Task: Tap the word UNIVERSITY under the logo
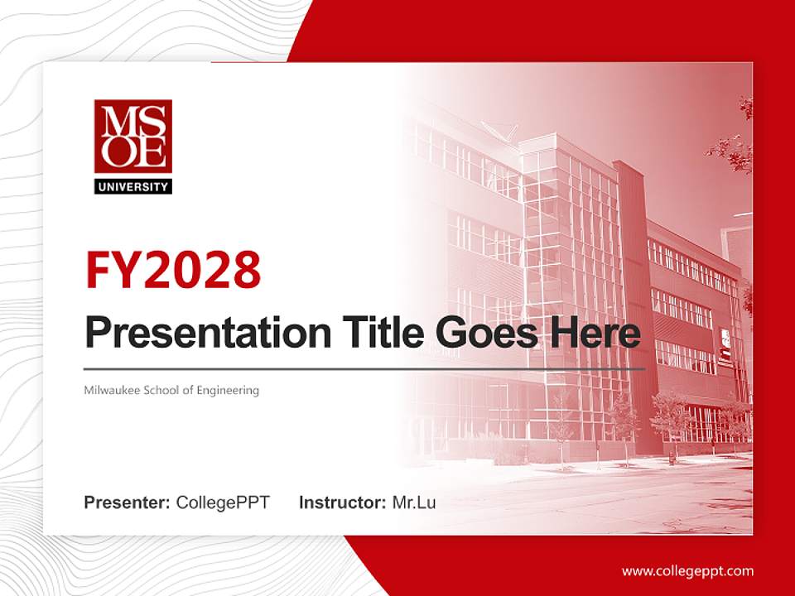click(x=132, y=187)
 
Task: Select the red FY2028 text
click(x=173, y=270)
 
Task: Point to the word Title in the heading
click(x=376, y=333)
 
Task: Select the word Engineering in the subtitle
click(x=228, y=390)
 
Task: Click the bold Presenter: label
click(x=128, y=502)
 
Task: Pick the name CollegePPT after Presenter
click(x=223, y=502)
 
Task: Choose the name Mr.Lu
click(x=414, y=502)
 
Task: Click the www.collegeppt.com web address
click(x=687, y=570)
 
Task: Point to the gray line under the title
click(x=364, y=369)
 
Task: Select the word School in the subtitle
click(x=166, y=390)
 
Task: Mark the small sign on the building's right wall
click(x=725, y=344)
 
